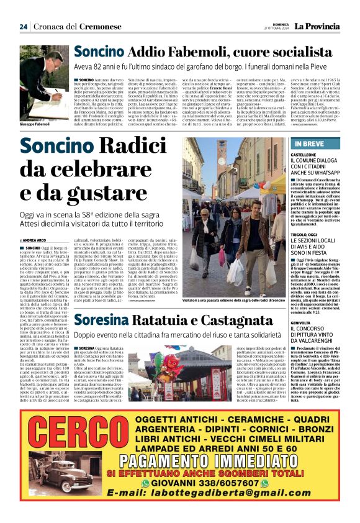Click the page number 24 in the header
[x=23, y=27]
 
